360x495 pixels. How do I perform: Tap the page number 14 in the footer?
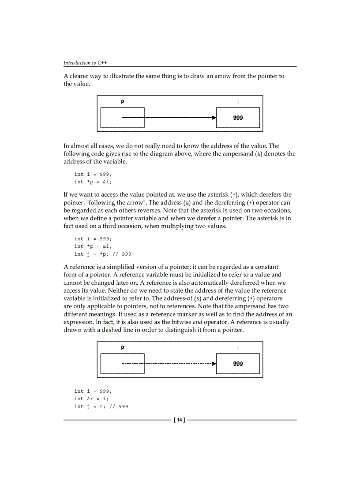pyautogui.click(x=180, y=420)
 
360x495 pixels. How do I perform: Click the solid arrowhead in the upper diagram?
pyautogui.click(x=214, y=118)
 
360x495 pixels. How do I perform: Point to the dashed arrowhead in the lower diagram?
pyautogui.click(x=214, y=364)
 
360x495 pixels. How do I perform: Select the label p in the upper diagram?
pyautogui.click(x=123, y=101)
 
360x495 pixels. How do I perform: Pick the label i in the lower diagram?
pyautogui.click(x=238, y=348)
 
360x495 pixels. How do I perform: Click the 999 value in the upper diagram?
pyautogui.click(x=238, y=118)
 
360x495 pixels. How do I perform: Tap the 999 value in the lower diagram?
pyautogui.click(x=238, y=364)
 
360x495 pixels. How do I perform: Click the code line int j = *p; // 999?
pyautogui.click(x=102, y=254)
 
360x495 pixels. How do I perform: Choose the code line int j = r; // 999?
pyautogui.click(x=101, y=406)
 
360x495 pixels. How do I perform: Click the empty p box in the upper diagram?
pyautogui.click(x=123, y=118)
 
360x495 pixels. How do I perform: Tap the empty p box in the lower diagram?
pyautogui.click(x=123, y=364)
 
